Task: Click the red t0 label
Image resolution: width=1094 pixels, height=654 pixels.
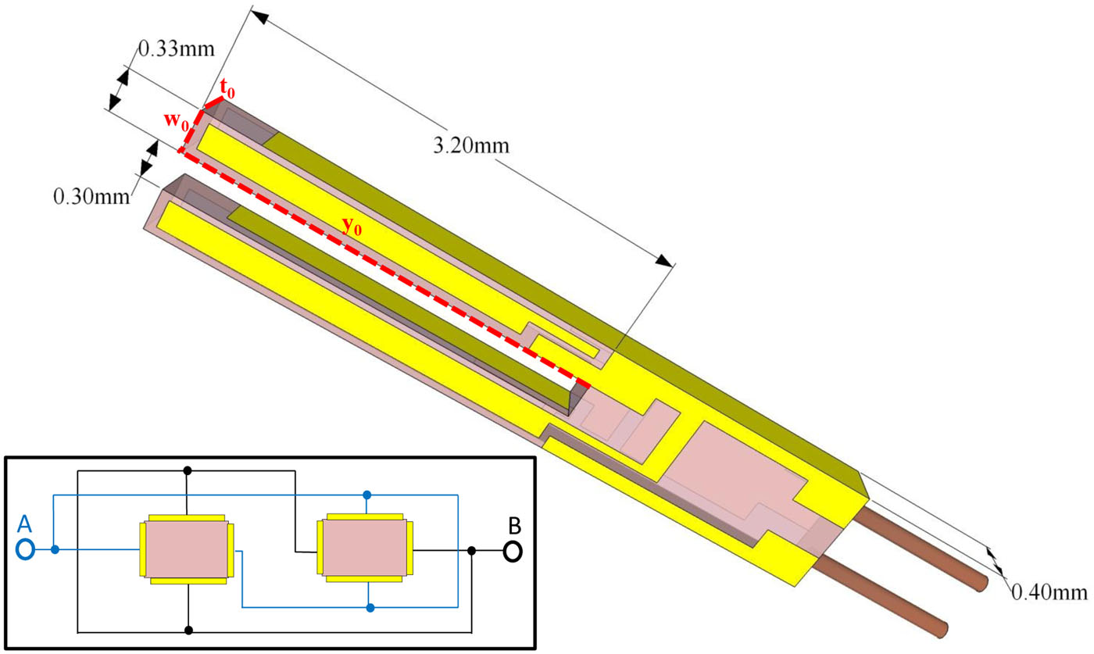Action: [227, 91]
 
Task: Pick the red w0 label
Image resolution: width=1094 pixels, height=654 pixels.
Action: [175, 122]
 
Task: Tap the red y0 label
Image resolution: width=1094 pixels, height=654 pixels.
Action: [353, 225]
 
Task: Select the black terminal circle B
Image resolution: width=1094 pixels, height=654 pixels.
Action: [512, 552]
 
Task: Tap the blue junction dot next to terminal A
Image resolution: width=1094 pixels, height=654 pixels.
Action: [55, 550]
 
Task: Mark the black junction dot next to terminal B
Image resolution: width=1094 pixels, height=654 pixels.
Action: [472, 551]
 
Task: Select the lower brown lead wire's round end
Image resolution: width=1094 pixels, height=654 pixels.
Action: [943, 627]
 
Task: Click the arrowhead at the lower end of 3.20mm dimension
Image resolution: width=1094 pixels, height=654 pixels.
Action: [666, 262]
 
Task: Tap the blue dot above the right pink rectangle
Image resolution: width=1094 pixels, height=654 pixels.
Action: [366, 495]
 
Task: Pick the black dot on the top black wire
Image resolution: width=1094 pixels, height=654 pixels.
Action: [187, 471]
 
